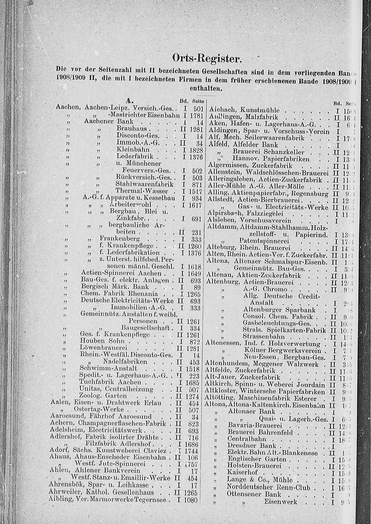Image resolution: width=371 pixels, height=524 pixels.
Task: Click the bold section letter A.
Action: tap(129, 100)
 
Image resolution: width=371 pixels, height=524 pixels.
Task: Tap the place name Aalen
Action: tap(58, 403)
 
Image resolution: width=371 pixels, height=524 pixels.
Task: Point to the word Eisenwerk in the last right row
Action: tap(280, 502)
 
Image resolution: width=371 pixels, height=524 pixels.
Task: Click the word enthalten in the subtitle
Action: tap(206, 89)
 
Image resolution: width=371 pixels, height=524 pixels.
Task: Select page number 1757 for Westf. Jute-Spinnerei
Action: tap(194, 464)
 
